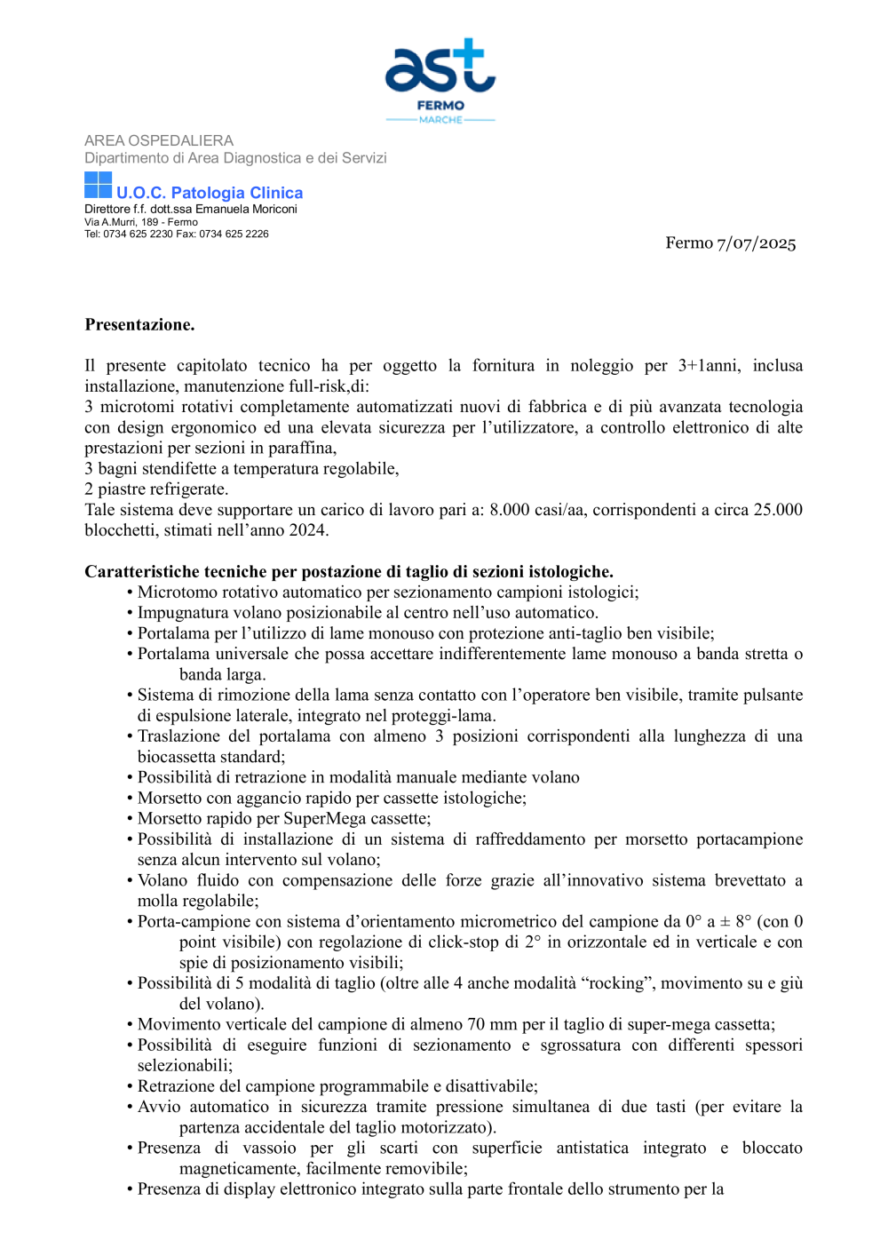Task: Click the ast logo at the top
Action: point(440,67)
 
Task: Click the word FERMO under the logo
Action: point(440,105)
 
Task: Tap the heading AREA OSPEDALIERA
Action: point(159,140)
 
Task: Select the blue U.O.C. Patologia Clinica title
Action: point(210,193)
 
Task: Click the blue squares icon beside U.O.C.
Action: point(98,185)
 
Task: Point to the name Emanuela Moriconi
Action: point(246,210)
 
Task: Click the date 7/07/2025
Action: point(757,243)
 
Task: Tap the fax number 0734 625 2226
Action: point(234,235)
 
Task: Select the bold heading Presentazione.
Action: point(139,325)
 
